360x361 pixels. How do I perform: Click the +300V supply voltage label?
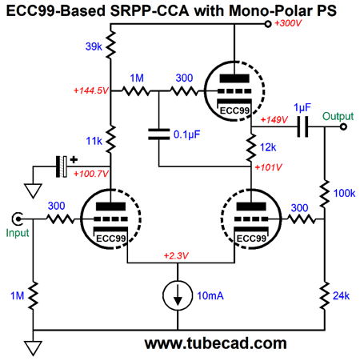[288, 23]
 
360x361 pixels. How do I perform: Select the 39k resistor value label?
[94, 46]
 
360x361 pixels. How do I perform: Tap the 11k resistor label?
[94, 141]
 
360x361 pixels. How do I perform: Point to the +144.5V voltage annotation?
[91, 90]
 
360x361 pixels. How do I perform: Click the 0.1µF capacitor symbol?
[159, 134]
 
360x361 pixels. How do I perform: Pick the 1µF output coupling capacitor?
[302, 126]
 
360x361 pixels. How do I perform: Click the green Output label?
[338, 116]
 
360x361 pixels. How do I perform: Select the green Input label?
[18, 233]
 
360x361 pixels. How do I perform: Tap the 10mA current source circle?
[178, 295]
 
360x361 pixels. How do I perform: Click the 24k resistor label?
[341, 296]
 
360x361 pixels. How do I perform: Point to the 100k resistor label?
[344, 193]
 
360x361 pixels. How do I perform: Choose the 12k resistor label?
[268, 147]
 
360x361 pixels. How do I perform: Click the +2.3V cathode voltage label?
[176, 256]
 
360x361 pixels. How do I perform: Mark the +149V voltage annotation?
[274, 120]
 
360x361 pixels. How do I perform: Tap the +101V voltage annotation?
[268, 167]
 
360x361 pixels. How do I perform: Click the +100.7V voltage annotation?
[91, 174]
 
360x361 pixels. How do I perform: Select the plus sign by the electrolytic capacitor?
[74, 160]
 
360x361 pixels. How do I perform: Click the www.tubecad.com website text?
[215, 343]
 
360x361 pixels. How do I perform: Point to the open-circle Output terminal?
[343, 126]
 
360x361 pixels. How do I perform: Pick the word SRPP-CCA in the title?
[150, 11]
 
